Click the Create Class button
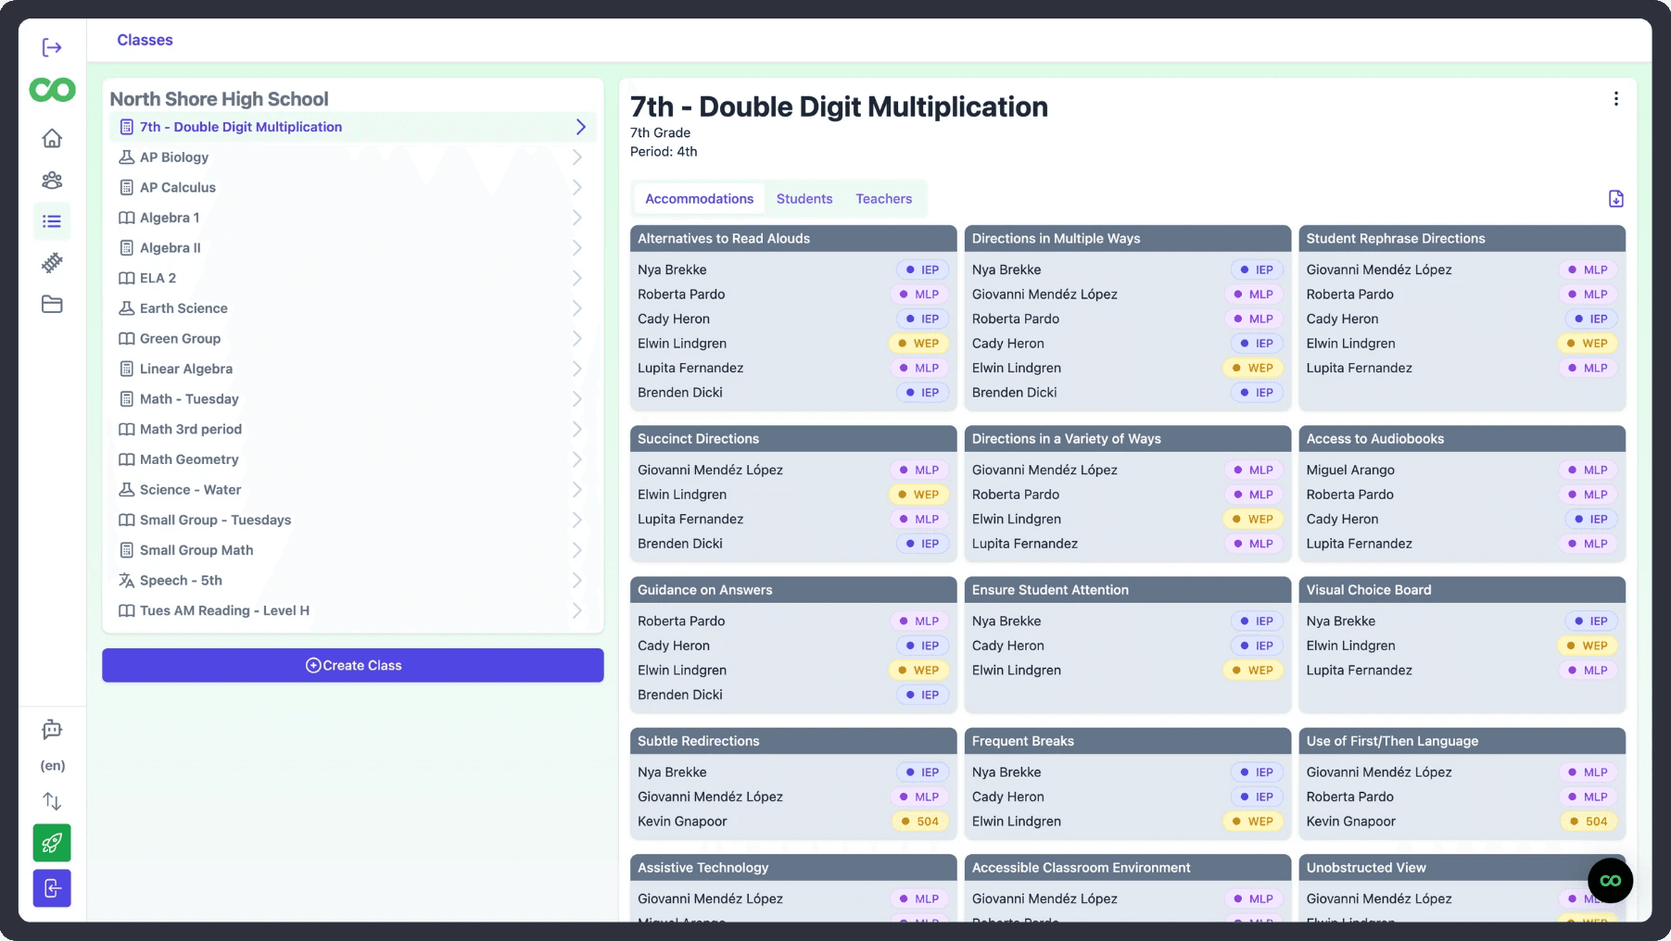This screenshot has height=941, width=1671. tap(353, 665)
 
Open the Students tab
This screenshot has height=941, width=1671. tap(804, 199)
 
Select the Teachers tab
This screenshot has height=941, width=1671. tap(884, 199)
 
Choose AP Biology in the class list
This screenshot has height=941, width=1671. tap(174, 157)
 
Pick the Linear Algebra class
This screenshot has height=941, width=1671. tap(186, 369)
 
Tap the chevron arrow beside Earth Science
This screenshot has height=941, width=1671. tap(577, 308)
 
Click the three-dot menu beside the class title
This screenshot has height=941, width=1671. tap(1615, 99)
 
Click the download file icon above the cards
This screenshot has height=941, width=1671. tap(1615, 198)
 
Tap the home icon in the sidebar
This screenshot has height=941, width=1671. tap(52, 138)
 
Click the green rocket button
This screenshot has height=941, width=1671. tap(52, 843)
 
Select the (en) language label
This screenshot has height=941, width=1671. tap(53, 766)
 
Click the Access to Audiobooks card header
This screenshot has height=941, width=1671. tap(1462, 439)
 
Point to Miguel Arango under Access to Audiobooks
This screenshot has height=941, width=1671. tap(1350, 470)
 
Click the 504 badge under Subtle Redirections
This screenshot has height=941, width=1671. tap(920, 822)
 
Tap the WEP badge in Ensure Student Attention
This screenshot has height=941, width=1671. tap(1253, 671)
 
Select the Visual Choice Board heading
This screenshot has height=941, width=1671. tap(1369, 590)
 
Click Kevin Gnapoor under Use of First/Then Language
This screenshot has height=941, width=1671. tap(1351, 822)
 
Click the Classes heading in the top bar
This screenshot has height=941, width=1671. tap(145, 40)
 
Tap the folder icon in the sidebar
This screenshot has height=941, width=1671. tap(52, 304)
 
